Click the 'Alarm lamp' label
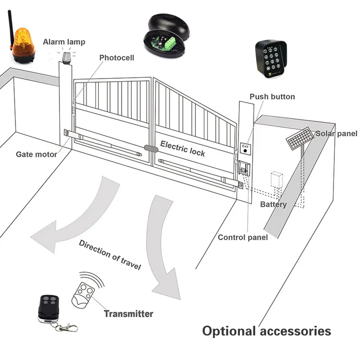tap(64, 42)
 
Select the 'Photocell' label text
tap(117, 58)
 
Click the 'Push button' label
tap(272, 97)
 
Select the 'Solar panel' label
tap(336, 133)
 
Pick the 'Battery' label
tap(273, 204)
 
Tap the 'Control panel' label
tap(243, 237)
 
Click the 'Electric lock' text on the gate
tap(183, 148)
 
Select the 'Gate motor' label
tap(36, 154)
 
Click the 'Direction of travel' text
tap(110, 255)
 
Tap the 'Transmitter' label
tap(129, 314)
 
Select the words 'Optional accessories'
tap(266, 331)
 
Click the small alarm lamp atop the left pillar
tap(67, 57)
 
